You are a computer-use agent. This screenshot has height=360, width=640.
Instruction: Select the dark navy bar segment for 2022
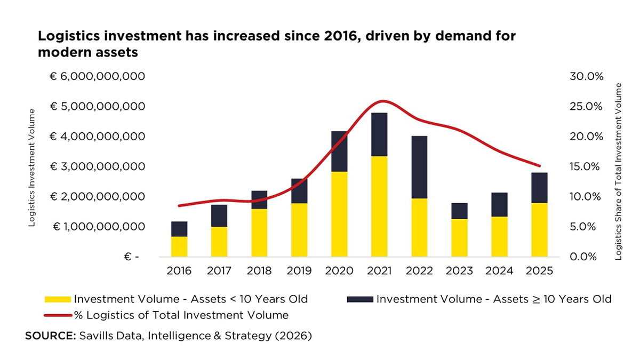point(419,167)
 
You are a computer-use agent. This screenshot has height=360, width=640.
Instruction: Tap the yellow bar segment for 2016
point(179,246)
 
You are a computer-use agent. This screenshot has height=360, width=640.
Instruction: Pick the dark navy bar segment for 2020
point(339,151)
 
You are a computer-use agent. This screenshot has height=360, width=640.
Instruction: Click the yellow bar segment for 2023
point(459,238)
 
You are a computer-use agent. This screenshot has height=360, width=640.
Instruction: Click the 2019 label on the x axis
point(299,270)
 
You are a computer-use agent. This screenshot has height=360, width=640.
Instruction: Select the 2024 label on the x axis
point(499,270)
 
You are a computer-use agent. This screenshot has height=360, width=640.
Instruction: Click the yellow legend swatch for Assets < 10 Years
point(58,299)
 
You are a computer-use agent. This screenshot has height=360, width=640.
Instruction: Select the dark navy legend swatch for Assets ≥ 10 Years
point(360,299)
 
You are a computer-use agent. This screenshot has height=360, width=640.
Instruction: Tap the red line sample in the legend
point(58,315)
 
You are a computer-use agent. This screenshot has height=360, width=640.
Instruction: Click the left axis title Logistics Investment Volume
point(32,167)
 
